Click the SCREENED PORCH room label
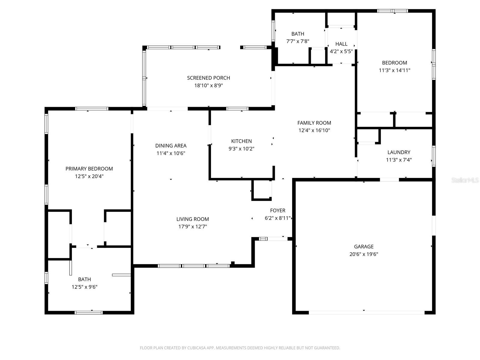tap(208, 78)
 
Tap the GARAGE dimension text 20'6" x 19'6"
tap(364, 254)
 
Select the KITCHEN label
tap(241, 141)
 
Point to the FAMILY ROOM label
tap(314, 123)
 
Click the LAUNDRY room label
tap(399, 152)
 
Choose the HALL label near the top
tap(341, 44)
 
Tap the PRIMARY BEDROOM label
tap(89, 169)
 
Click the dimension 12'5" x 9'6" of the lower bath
tap(84, 287)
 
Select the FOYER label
tap(277, 210)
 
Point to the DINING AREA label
tap(171, 145)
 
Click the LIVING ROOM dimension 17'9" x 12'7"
tap(193, 226)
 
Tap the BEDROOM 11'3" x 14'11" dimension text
tap(394, 70)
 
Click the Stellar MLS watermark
tap(465, 180)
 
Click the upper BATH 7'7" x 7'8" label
tap(298, 34)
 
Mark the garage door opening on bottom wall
tap(367, 313)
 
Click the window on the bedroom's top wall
tap(392, 11)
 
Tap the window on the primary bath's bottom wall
tap(88, 313)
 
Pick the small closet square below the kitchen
tap(262, 190)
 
